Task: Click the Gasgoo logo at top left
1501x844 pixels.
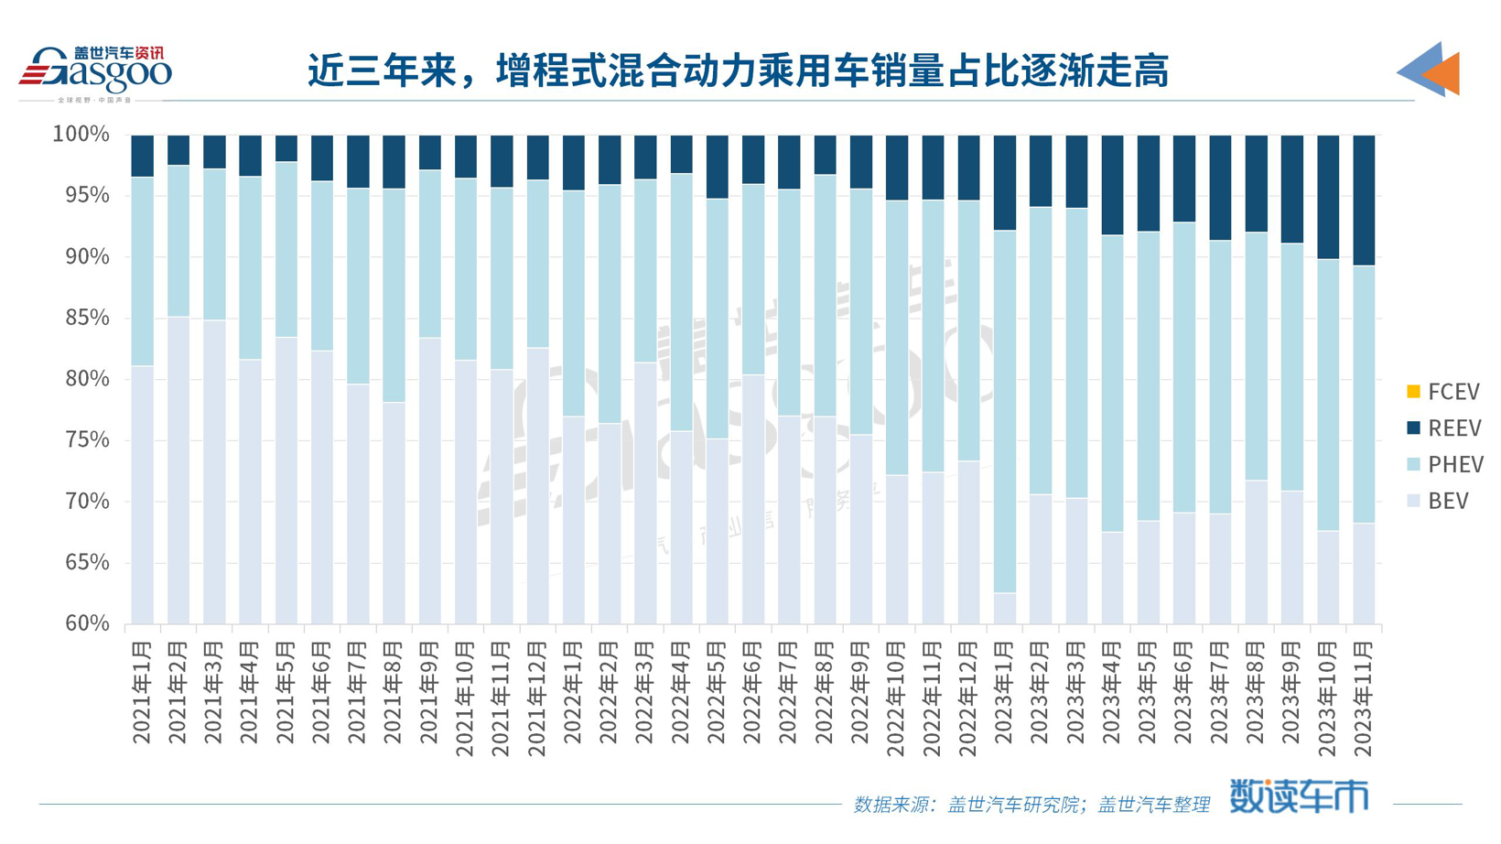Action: [95, 71]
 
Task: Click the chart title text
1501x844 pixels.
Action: [738, 71]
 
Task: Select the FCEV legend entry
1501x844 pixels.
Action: [1442, 393]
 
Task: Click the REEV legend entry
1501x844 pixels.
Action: [1442, 428]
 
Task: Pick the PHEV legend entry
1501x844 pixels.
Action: [1444, 465]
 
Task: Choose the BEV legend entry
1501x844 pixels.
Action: [1437, 502]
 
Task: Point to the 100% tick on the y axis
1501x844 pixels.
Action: [81, 135]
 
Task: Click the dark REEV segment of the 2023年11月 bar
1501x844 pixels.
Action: [1364, 200]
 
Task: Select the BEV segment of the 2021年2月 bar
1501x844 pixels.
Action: [178, 471]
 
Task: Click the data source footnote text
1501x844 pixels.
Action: [1031, 805]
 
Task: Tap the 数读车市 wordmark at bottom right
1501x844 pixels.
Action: [1298, 796]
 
